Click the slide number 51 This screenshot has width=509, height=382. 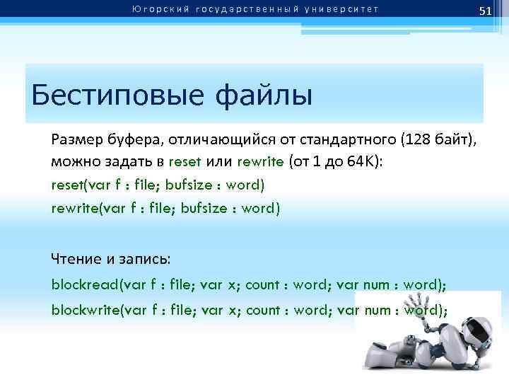click(x=485, y=11)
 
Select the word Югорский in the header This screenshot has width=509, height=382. click(x=155, y=9)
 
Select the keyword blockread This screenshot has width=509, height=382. click(x=84, y=284)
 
